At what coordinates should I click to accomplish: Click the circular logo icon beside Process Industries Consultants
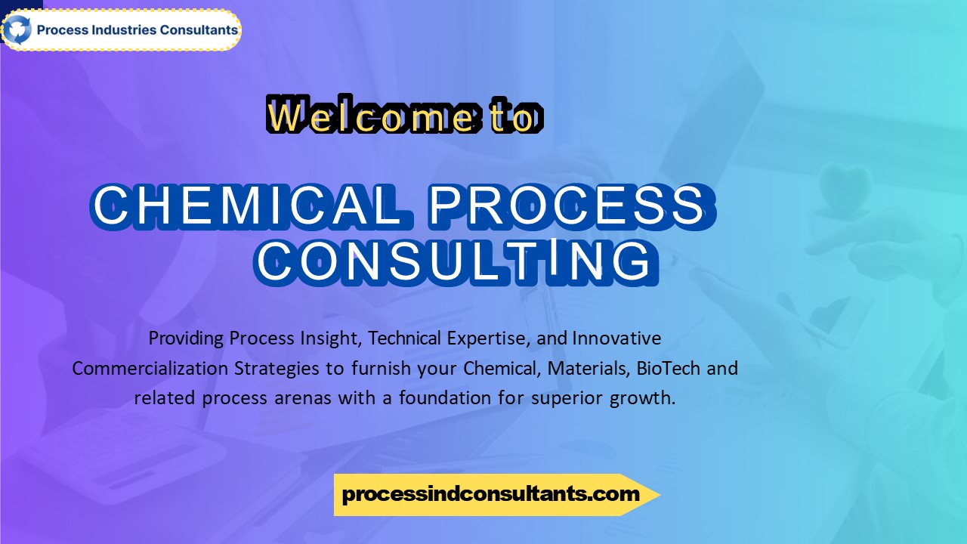(17, 30)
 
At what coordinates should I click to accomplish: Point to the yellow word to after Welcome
(514, 118)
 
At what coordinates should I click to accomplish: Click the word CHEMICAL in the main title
(248, 206)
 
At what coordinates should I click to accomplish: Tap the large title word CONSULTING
(453, 261)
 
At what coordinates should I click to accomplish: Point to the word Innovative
(616, 338)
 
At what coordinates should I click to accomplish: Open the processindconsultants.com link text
(490, 495)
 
